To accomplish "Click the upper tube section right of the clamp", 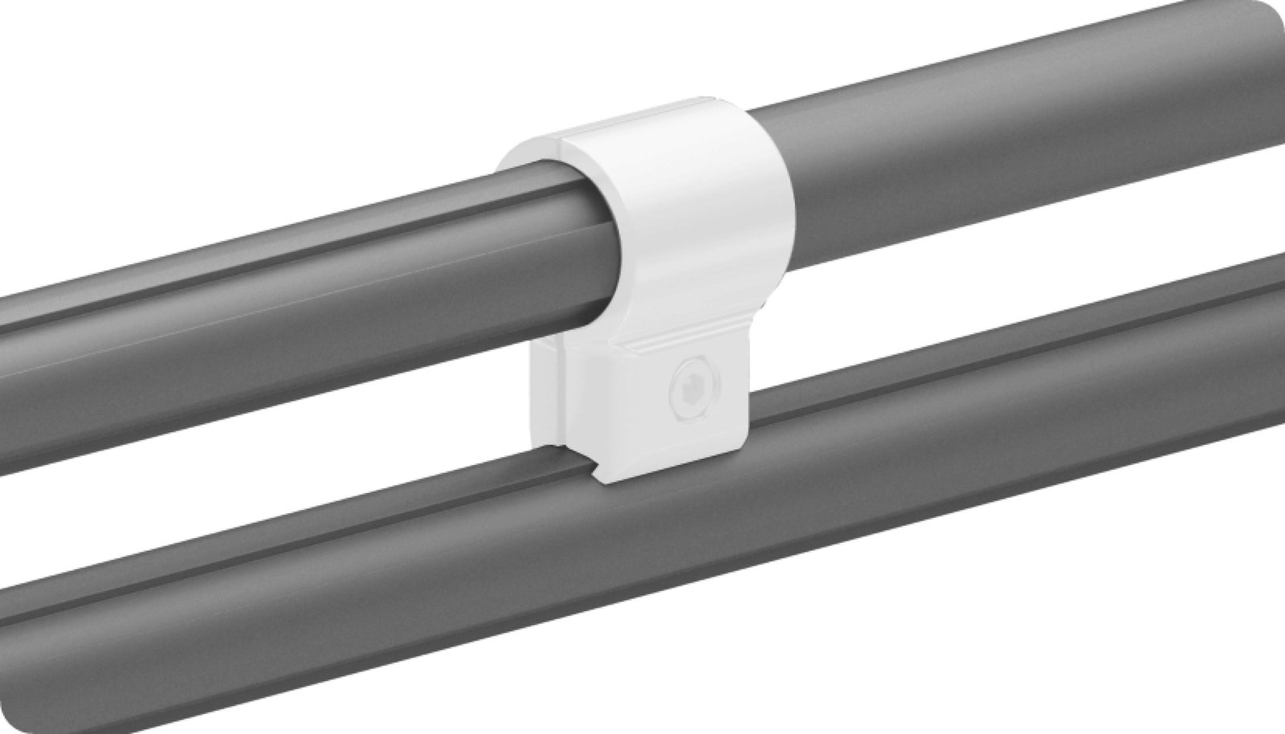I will click(x=1004, y=161).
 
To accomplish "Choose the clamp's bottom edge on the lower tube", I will click(x=675, y=482).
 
